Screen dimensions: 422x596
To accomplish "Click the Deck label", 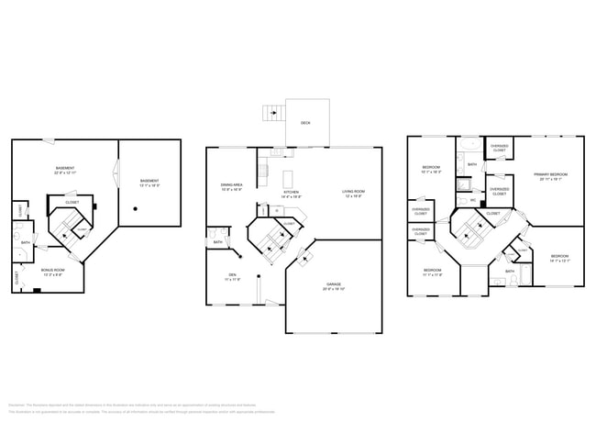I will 305,122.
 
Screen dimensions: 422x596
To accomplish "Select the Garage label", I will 333,286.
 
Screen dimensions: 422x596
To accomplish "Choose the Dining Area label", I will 231,186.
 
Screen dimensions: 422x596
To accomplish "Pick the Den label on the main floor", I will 233,276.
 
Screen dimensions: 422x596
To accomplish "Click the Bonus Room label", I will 52,272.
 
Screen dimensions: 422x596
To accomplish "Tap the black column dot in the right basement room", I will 136,209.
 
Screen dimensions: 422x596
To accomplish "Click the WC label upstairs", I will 473,200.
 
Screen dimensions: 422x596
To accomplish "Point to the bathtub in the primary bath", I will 467,145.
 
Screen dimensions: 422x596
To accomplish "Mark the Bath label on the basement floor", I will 26,243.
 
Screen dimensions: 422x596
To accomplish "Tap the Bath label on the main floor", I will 217,242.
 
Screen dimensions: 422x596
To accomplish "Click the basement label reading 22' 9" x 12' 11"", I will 65,171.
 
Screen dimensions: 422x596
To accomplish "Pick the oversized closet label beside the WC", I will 499,192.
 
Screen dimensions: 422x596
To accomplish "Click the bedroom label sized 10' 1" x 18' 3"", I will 431,170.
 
